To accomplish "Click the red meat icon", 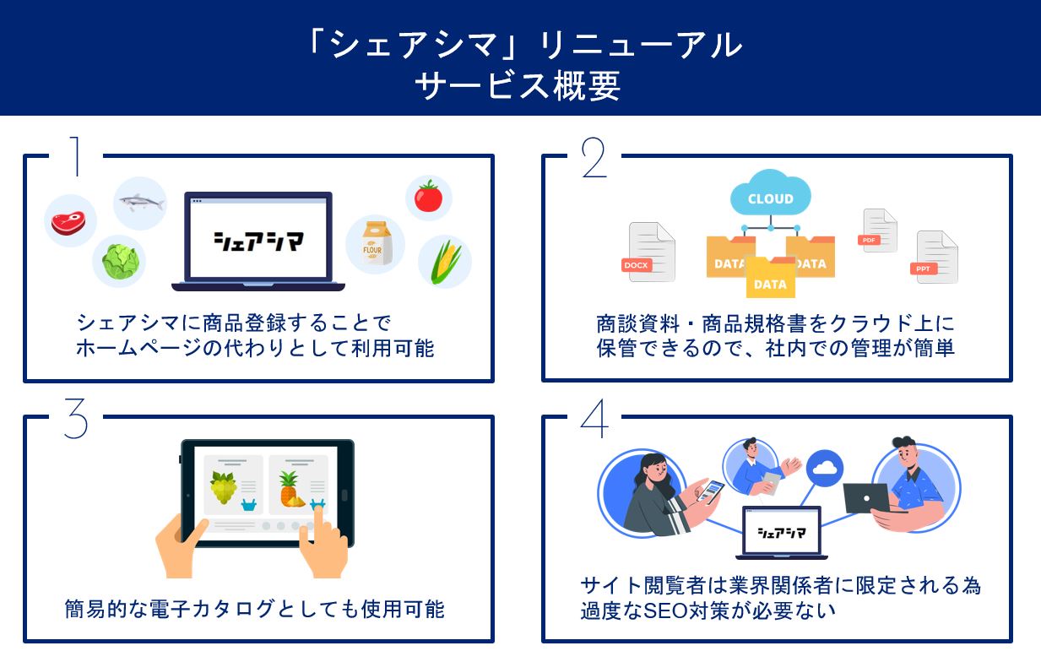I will (70, 222).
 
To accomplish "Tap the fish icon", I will (140, 203).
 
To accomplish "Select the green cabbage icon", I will (119, 260).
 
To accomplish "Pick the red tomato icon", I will (428, 198).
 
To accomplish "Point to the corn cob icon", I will (445, 260).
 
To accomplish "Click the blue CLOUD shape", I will (770, 196).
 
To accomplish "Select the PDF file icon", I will (878, 231).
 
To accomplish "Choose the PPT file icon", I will (936, 258).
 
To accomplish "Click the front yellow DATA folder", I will (770, 279).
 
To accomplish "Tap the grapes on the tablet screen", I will (223, 487).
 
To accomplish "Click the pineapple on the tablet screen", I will (290, 489).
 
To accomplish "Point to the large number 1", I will (77, 157).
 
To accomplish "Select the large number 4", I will (594, 419).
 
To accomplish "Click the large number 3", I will (76, 419).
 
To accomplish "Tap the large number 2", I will (594, 157).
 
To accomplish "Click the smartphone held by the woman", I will (714, 491).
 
